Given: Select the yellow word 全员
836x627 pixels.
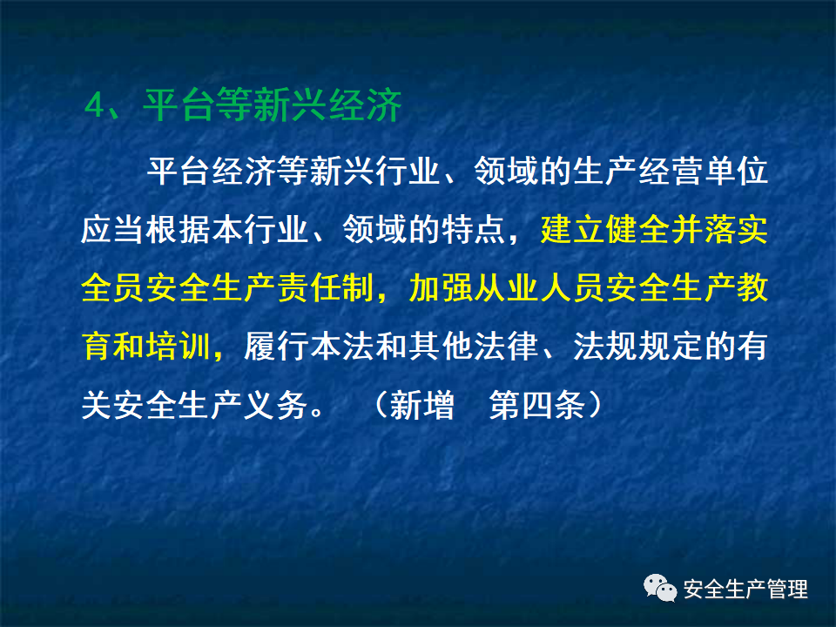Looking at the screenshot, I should (114, 287).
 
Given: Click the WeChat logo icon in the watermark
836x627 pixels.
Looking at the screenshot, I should (660, 590).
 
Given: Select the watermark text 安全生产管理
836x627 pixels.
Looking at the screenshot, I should (745, 590).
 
